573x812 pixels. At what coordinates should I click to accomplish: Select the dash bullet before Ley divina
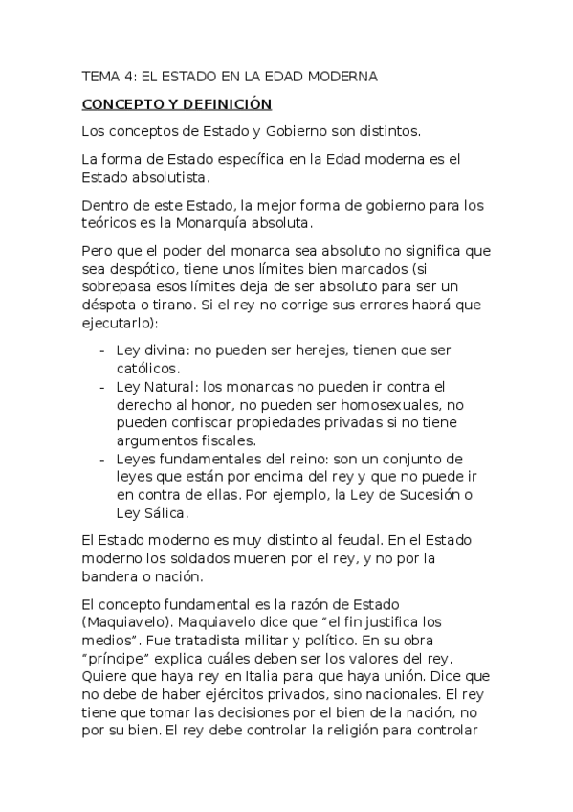[x=103, y=350]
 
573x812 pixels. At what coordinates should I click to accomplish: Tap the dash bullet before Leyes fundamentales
[x=103, y=460]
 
